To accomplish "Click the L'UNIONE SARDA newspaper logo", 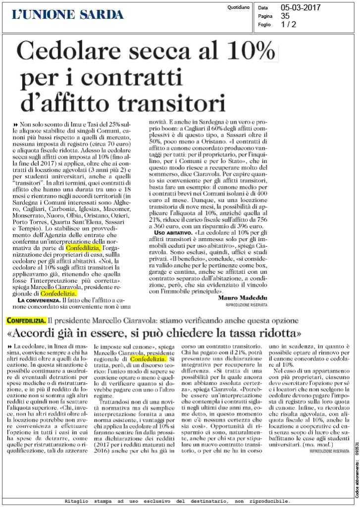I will click(x=68, y=14).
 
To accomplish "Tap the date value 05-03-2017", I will click(x=301, y=8).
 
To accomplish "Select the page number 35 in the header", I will click(x=286, y=16).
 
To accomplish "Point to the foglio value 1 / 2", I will click(x=289, y=24).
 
